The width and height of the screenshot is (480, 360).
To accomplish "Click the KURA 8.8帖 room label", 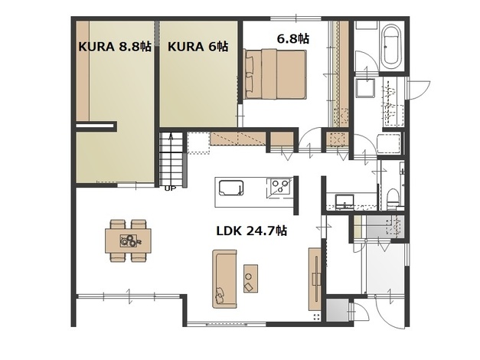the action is point(115,47).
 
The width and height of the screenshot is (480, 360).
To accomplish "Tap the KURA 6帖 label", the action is point(198,47).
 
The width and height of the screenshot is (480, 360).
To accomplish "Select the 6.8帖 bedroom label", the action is point(292,38).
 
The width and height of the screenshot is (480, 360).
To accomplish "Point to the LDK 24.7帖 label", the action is point(252,231).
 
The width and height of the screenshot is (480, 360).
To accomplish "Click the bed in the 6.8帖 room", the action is point(276,74).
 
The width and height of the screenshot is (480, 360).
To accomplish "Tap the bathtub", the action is point(391,47).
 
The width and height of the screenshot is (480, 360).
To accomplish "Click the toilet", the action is point(393,198).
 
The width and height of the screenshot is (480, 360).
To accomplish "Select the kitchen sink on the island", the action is point(231,188).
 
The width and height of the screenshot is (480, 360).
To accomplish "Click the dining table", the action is point(128,241).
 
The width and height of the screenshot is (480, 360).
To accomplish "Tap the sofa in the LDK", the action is point(225,279).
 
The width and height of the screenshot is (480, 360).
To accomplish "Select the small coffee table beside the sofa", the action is point(250,278).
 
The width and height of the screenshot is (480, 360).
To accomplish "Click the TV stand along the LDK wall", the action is point(315,279).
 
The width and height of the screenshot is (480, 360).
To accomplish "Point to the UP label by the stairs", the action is point(170,188).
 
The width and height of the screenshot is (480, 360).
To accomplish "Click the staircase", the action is point(171,159).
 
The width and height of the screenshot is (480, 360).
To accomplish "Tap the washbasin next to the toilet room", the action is point(344,201).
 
